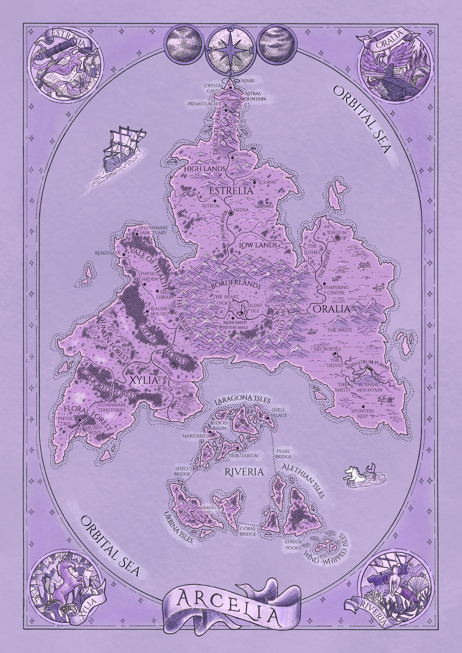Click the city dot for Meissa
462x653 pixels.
231,213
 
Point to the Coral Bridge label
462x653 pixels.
247,531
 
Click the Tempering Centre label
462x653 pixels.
336,289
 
